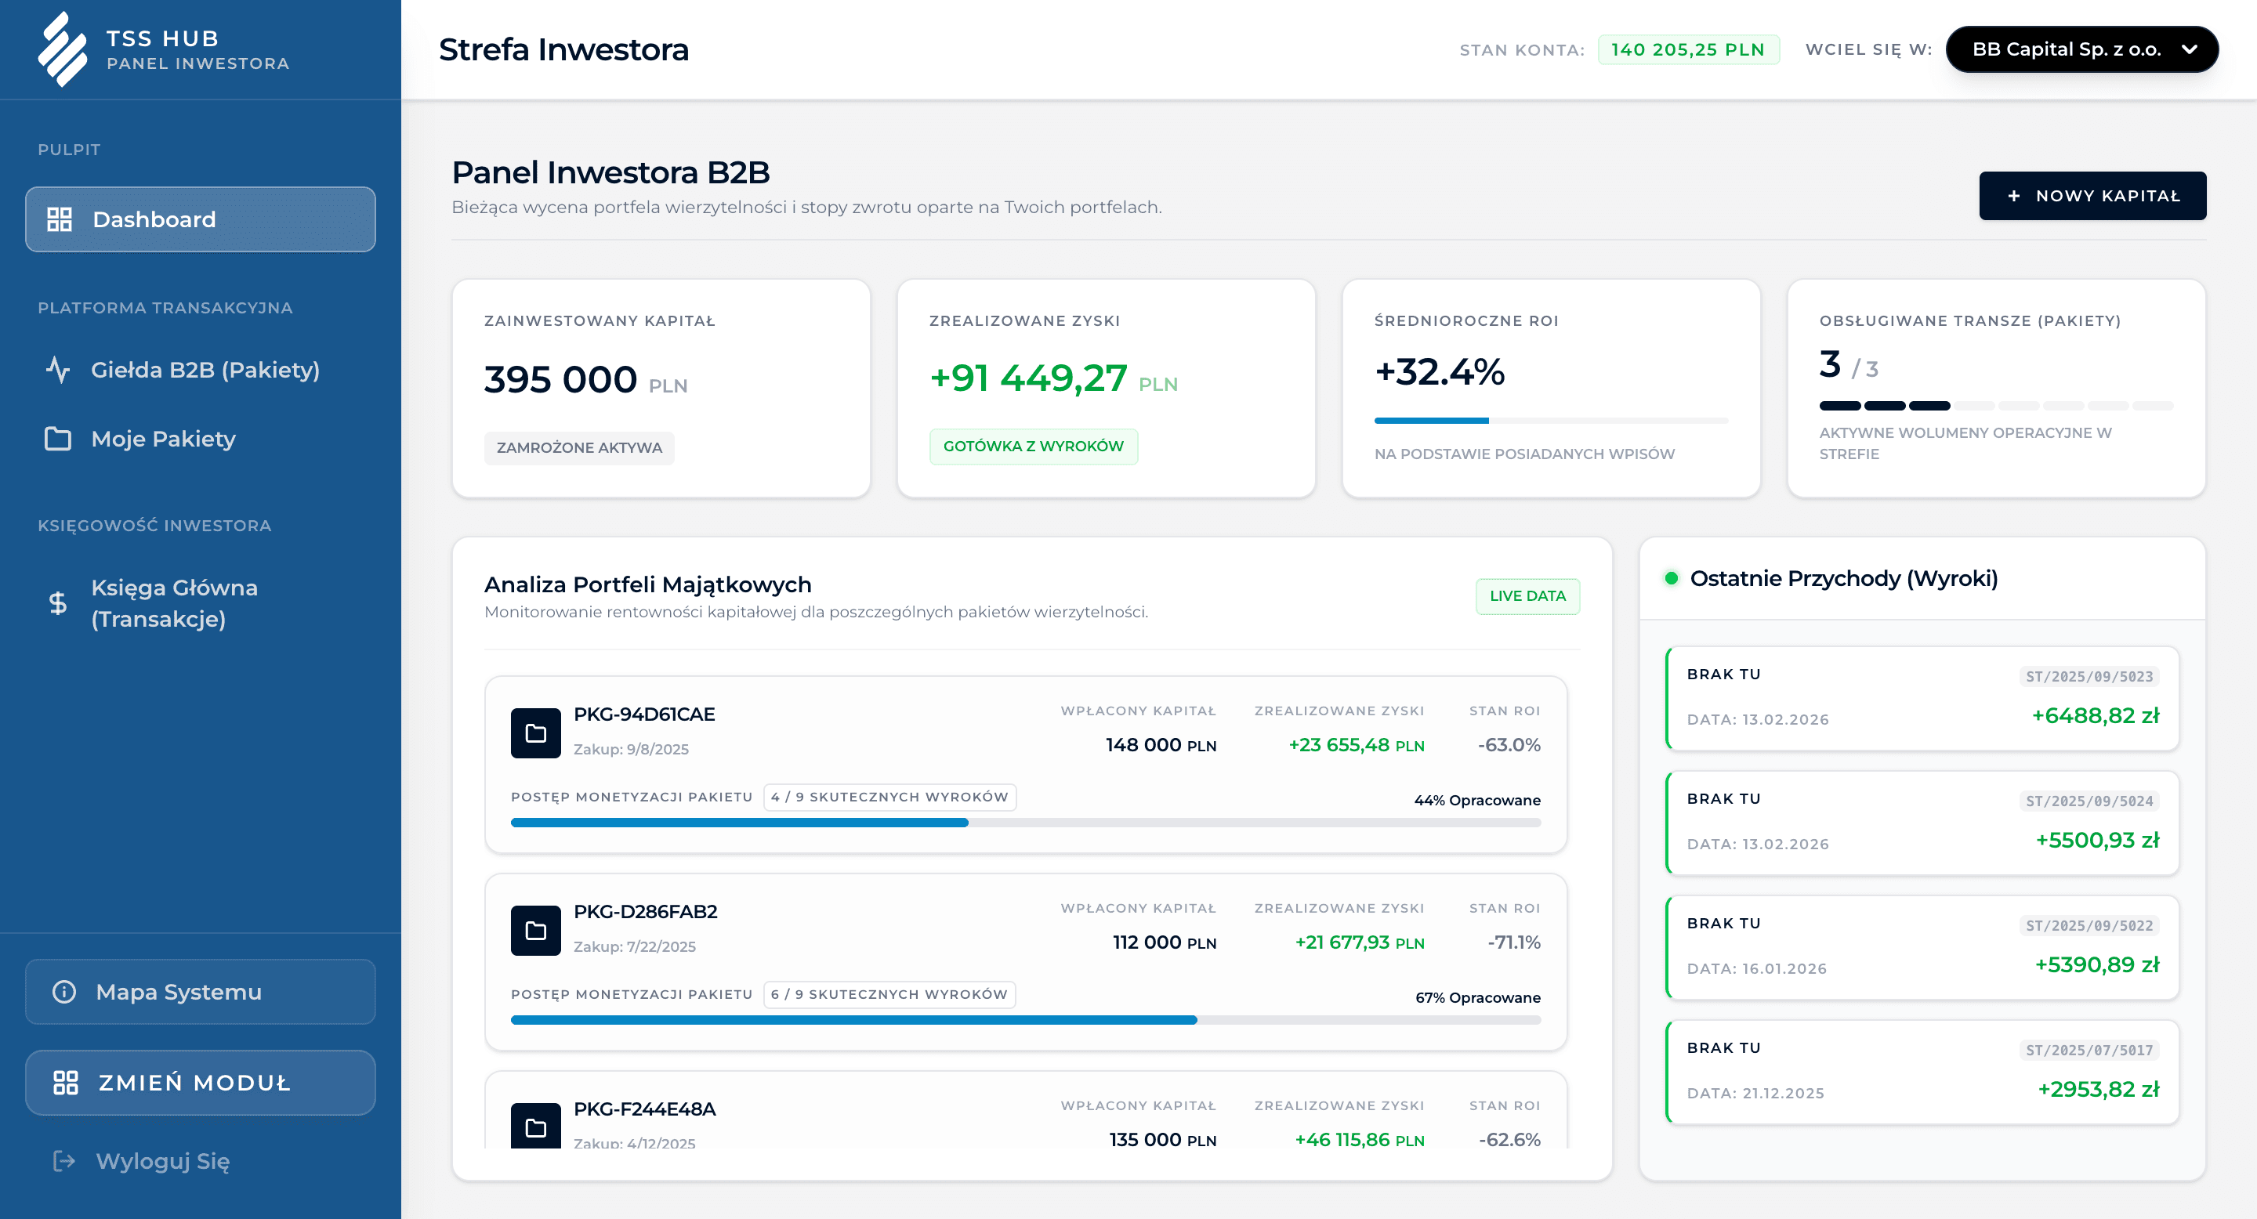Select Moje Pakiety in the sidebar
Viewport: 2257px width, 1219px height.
coord(163,439)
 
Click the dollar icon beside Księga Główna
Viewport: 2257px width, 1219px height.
coord(58,602)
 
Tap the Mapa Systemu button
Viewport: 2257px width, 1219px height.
coord(200,991)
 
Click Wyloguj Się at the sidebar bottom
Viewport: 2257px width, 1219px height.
coord(162,1161)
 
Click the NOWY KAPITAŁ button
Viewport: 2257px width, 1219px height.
coord(2092,196)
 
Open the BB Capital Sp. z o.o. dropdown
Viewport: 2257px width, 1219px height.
coord(2081,50)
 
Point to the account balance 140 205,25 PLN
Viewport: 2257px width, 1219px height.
coord(1687,50)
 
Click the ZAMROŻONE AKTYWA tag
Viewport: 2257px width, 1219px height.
coord(579,447)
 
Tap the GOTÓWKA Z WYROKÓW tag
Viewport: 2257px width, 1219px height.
coord(1033,447)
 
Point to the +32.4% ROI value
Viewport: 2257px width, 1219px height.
coord(1440,372)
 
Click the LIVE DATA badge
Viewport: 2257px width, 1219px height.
coord(1527,596)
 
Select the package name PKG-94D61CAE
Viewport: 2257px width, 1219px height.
coord(644,714)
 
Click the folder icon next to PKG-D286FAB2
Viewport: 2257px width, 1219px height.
coord(535,930)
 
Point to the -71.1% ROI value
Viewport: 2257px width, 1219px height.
coord(1513,942)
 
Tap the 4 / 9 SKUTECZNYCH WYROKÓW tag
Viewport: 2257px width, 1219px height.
coord(889,797)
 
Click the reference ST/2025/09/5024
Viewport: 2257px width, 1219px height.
coord(2089,801)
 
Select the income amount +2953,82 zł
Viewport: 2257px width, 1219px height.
coord(2098,1090)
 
